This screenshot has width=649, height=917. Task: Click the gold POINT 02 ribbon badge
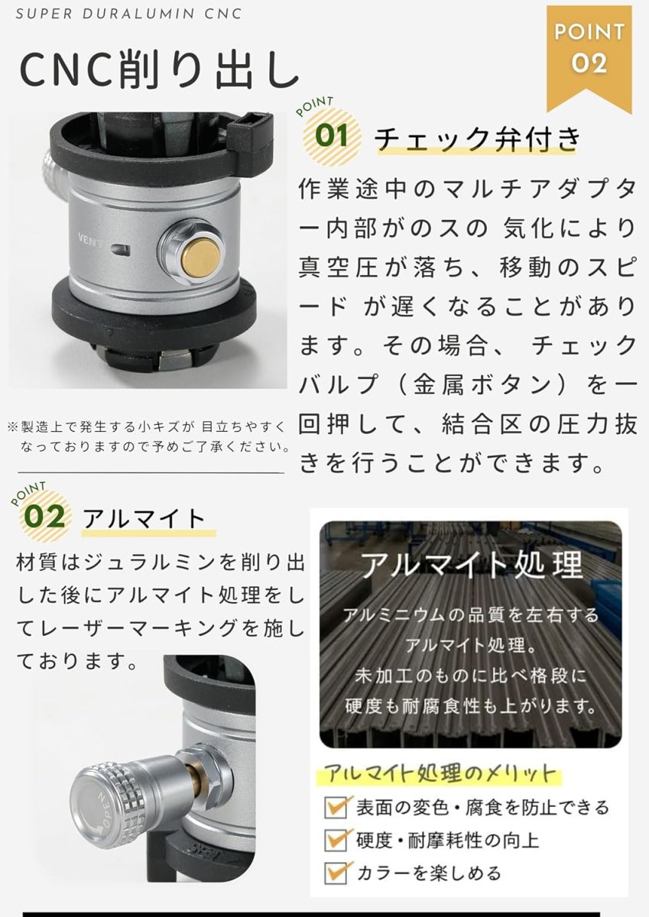pos(589,57)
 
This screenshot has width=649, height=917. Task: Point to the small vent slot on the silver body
pos(122,249)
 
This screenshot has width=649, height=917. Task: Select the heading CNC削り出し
pos(160,70)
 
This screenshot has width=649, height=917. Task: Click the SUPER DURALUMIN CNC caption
pos(129,14)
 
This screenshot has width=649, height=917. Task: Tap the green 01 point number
pos(332,135)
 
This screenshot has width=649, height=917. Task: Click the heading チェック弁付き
pos(478,138)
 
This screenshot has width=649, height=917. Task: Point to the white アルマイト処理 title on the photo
pos(472,565)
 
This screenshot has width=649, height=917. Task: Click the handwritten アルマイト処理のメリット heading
pos(440,773)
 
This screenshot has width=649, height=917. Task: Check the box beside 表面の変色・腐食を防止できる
pos(336,808)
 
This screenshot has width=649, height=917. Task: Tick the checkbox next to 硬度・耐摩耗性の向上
pos(336,841)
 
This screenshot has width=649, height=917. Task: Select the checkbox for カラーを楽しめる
pos(336,873)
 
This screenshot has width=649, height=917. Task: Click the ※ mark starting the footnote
pos(13,427)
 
